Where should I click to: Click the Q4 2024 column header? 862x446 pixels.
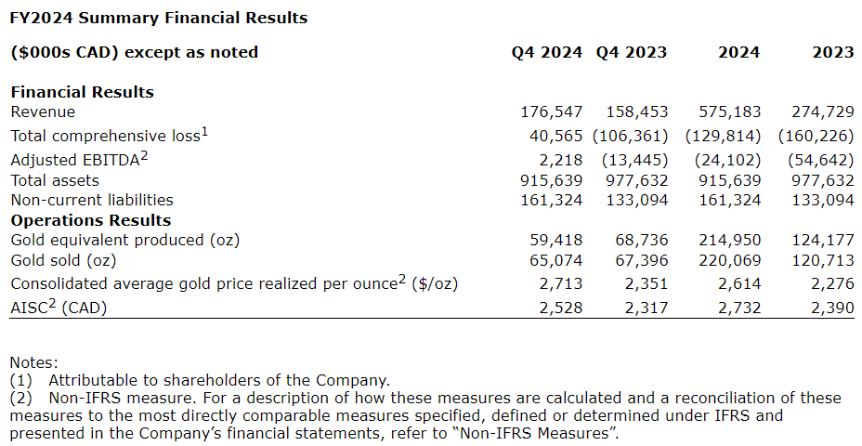coord(547,53)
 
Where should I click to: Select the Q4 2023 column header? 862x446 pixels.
coord(632,53)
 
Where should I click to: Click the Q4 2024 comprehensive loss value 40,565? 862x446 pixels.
coord(556,136)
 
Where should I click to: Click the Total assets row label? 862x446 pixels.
coord(55,180)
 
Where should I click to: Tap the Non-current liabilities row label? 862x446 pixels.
coord(92,200)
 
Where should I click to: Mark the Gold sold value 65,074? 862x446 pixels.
coord(556,261)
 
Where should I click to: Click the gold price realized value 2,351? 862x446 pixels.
coord(645,283)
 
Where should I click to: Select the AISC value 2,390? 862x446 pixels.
coord(831,308)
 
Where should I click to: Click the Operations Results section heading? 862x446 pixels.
coord(90,220)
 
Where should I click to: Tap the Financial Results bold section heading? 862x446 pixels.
coord(82,92)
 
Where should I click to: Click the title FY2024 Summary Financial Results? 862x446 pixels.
coord(159,18)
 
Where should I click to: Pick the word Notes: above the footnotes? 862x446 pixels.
coord(33,362)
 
